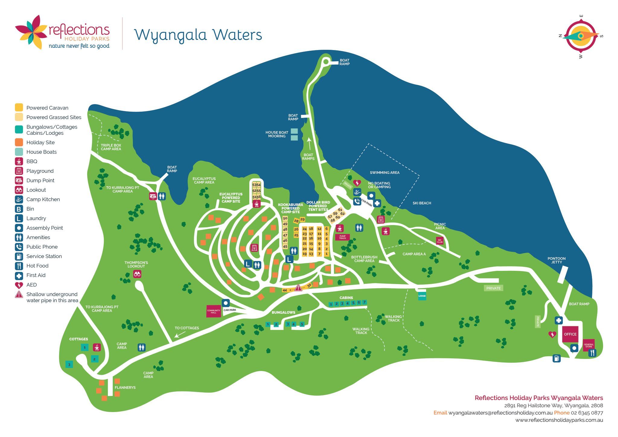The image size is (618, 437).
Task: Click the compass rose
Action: [x=581, y=36]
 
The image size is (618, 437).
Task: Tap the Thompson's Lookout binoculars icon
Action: [x=137, y=274]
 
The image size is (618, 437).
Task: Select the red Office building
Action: [x=570, y=334]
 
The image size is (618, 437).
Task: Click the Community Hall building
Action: [x=214, y=311]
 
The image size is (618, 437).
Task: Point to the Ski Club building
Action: [x=440, y=241]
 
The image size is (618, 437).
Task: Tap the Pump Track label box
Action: [x=342, y=237]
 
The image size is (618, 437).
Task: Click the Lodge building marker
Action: [x=422, y=296]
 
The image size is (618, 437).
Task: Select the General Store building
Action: [x=588, y=345]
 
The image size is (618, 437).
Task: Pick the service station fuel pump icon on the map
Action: [x=556, y=358]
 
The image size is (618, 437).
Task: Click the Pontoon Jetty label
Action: [x=556, y=260]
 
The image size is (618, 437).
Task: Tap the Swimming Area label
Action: [x=384, y=173]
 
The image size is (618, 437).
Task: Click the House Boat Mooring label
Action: [x=277, y=134]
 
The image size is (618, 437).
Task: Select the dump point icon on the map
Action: [x=153, y=196]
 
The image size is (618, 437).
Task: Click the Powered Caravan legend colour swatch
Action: [x=19, y=107]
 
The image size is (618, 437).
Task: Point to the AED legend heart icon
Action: [x=19, y=285]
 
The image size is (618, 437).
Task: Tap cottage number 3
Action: [x=69, y=364]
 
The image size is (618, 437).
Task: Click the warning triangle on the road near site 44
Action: [x=298, y=288]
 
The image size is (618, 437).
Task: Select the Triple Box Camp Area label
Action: [x=111, y=147]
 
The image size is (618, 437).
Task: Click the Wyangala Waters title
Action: [x=198, y=35]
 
